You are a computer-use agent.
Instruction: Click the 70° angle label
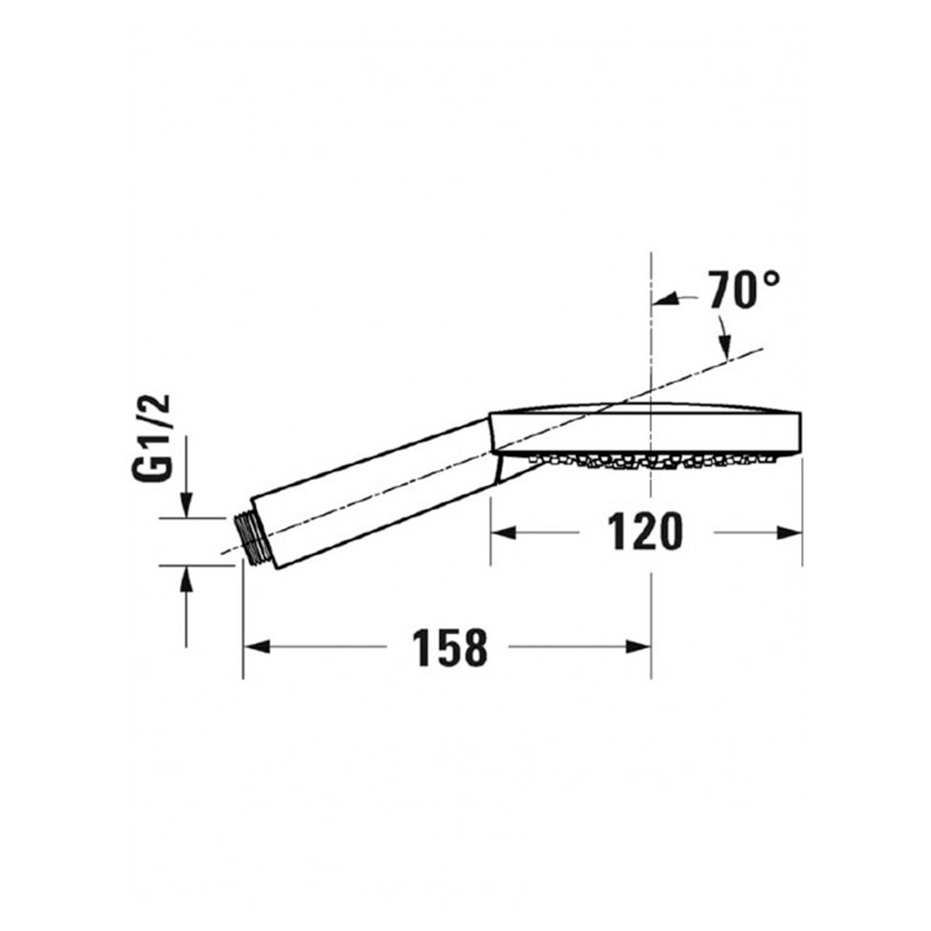coord(745,291)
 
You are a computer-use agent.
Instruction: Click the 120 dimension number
coord(645,532)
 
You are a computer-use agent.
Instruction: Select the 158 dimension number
coord(450,647)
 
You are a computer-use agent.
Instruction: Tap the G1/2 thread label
coord(151,437)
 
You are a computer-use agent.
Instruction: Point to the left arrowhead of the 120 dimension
coord(503,532)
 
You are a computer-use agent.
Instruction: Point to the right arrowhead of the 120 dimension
coord(789,532)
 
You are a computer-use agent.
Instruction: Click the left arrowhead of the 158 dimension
coord(257,647)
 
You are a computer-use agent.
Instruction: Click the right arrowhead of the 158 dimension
coord(639,647)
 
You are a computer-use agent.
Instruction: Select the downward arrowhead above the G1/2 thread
coord(186,505)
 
